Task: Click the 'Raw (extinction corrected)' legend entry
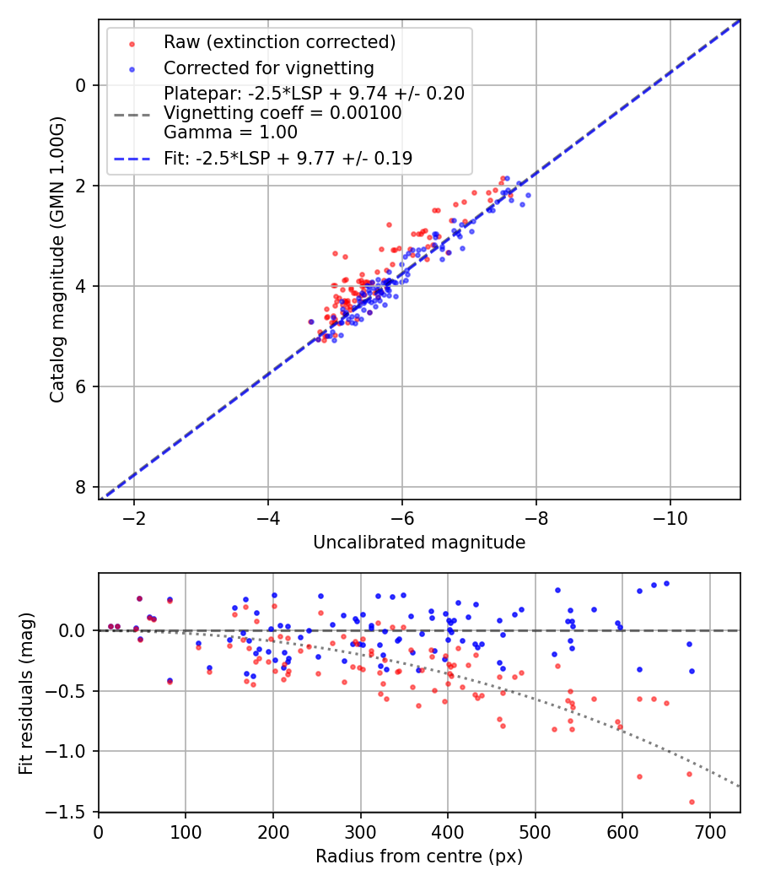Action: (279, 42)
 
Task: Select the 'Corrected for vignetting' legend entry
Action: (268, 68)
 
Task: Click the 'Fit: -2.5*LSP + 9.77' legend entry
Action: (288, 158)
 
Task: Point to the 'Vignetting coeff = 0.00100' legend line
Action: (283, 113)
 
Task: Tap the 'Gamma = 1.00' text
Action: (230, 132)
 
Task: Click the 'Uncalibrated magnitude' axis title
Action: (419, 543)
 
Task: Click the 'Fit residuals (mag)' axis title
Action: (27, 693)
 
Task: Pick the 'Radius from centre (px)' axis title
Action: (419, 856)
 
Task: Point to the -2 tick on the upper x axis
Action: (134, 516)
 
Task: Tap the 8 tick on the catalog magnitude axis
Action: (81, 488)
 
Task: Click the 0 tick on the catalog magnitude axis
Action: (81, 85)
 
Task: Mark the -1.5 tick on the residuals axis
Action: (72, 812)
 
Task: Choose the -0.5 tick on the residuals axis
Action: (72, 691)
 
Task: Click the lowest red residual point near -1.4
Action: (692, 802)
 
